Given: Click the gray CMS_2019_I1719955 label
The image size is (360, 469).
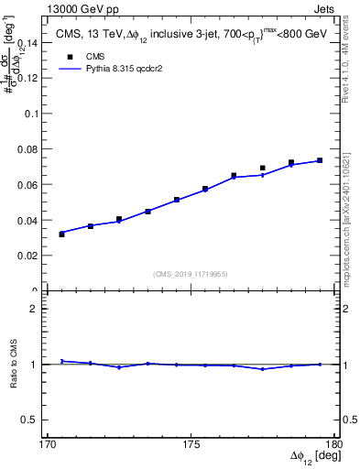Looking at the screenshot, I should coord(191,274).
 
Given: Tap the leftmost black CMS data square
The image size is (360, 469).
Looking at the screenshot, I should coord(61,234).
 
